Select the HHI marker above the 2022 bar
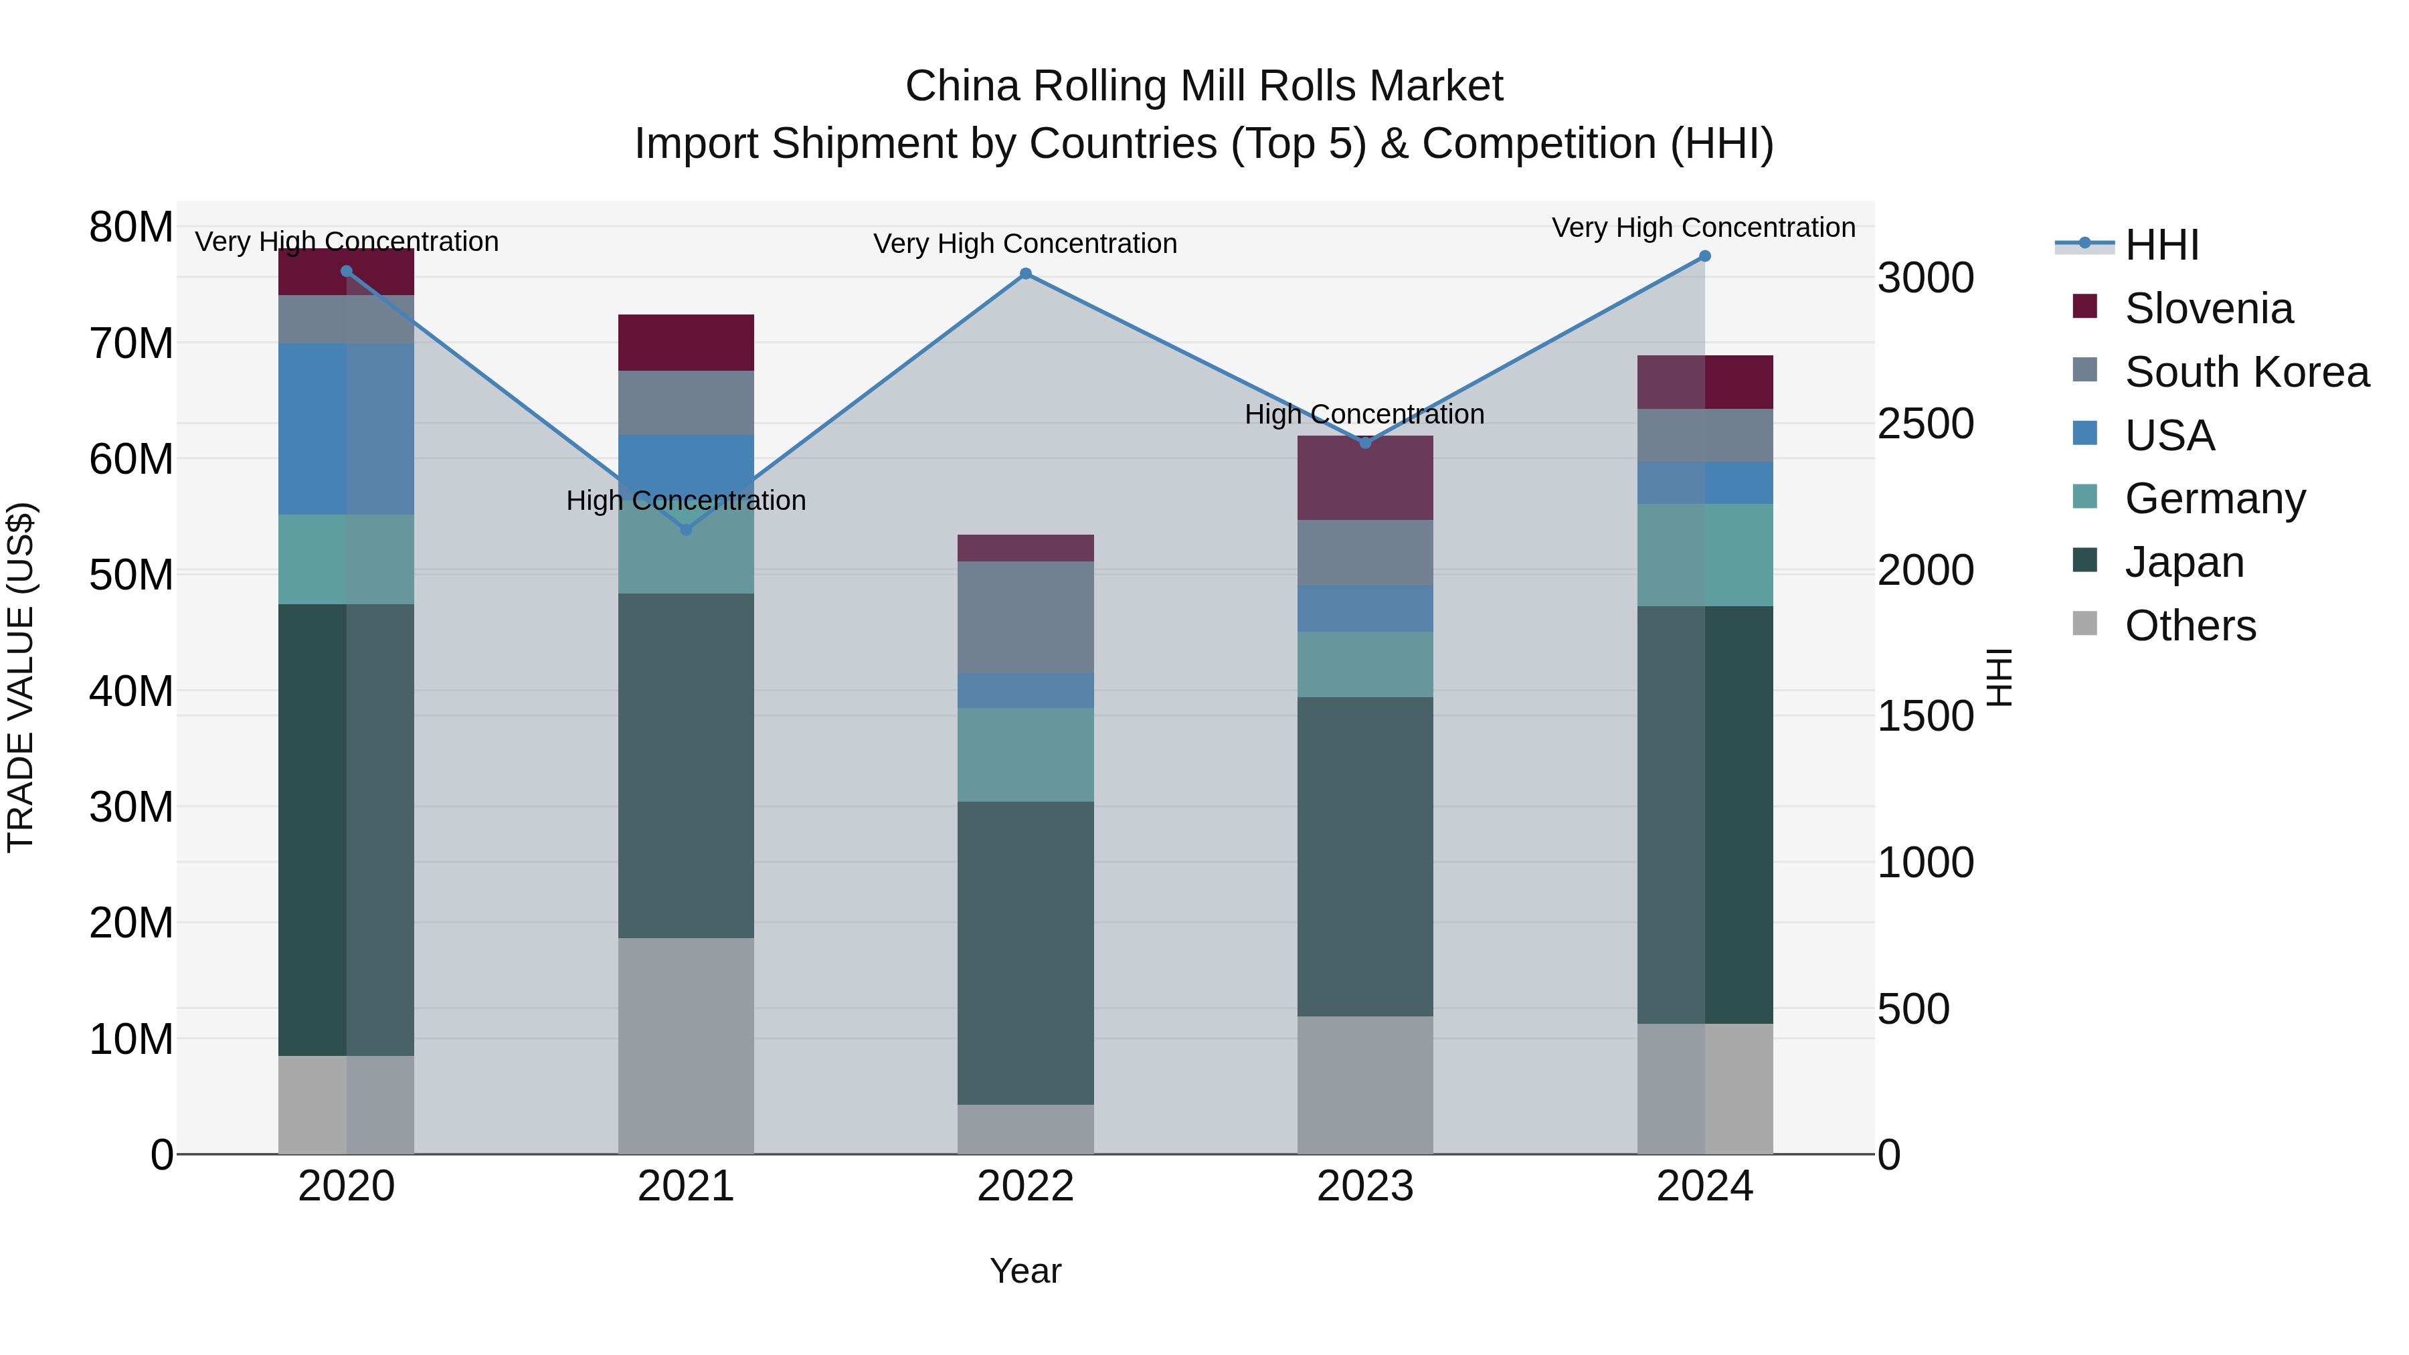tap(1025, 274)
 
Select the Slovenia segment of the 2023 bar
tap(1364, 478)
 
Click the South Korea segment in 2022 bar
tap(1025, 617)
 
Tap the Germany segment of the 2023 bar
tap(1364, 664)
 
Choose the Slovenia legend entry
tap(2208, 308)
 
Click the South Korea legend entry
tap(2246, 372)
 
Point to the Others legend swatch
tap(2084, 624)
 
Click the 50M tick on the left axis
tap(131, 574)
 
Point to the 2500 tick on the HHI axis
tap(1925, 424)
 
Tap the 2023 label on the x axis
tap(1364, 1186)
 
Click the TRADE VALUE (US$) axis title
tap(21, 677)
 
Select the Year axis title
tap(1025, 1271)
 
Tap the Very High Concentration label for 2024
tap(1703, 228)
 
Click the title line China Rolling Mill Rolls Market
tap(1204, 86)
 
